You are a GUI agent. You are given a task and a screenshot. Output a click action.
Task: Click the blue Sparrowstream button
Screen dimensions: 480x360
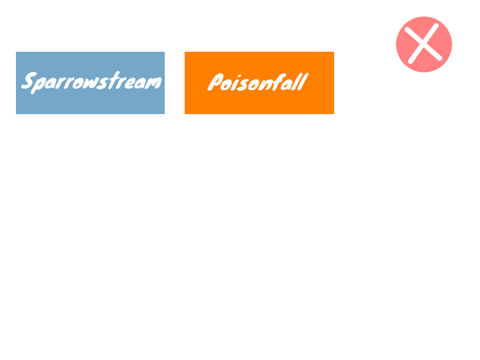point(90,83)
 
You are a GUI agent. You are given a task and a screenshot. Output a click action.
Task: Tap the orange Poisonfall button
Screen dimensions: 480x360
point(259,83)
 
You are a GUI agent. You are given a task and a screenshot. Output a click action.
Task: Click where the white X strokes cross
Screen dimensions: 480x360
point(424,44)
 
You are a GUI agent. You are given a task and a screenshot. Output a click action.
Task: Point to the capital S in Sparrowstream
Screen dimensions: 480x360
point(29,80)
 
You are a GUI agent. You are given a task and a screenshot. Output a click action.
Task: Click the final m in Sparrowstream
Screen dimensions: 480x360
point(153,82)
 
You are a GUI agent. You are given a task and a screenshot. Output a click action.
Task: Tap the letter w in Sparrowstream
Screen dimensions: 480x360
point(91,82)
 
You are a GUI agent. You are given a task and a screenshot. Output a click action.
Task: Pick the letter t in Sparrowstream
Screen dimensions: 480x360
point(114,80)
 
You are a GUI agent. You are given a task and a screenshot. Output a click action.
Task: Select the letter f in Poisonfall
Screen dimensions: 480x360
point(279,82)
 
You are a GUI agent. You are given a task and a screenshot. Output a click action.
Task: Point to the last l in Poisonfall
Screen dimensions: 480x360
point(302,82)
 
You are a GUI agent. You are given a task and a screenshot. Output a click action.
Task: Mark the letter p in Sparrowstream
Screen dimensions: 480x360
point(39,85)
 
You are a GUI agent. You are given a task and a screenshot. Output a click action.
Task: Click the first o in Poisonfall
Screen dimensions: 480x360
point(228,85)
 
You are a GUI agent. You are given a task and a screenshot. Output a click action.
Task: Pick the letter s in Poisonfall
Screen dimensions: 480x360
point(245,85)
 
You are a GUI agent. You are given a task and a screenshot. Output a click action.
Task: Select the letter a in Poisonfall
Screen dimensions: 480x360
point(289,85)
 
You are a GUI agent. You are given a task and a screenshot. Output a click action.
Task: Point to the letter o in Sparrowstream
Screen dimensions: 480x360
point(78,83)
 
